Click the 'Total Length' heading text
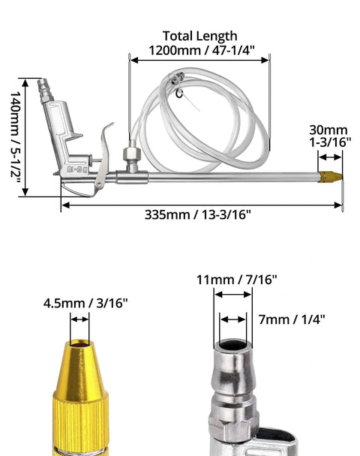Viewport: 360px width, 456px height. click(x=199, y=36)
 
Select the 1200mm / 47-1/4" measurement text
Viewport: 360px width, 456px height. click(x=202, y=50)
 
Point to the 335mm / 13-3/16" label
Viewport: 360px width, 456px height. click(x=197, y=215)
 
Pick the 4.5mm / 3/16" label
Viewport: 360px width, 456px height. click(x=85, y=303)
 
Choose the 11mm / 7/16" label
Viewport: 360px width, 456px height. click(x=237, y=280)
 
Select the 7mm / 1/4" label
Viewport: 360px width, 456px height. click(x=292, y=319)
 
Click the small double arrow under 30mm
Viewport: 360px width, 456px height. click(x=330, y=157)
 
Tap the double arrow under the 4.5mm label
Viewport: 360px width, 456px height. click(x=79, y=319)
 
